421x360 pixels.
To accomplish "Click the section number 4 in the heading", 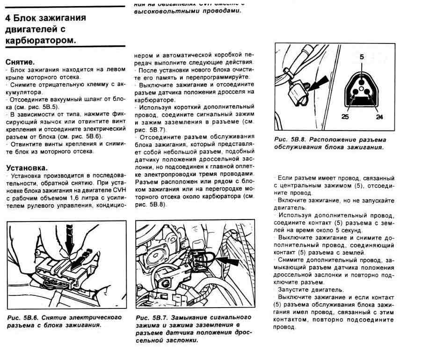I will pos(7,19).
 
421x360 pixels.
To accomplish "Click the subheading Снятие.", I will pos(20,61).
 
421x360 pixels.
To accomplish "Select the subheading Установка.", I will pos(26,167).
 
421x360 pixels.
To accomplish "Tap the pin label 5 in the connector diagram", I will pos(362,57).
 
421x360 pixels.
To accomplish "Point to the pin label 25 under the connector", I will pos(345,117).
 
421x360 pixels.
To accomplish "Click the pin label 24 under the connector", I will pos(379,117).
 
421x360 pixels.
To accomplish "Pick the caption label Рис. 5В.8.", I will pos(290,140).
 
